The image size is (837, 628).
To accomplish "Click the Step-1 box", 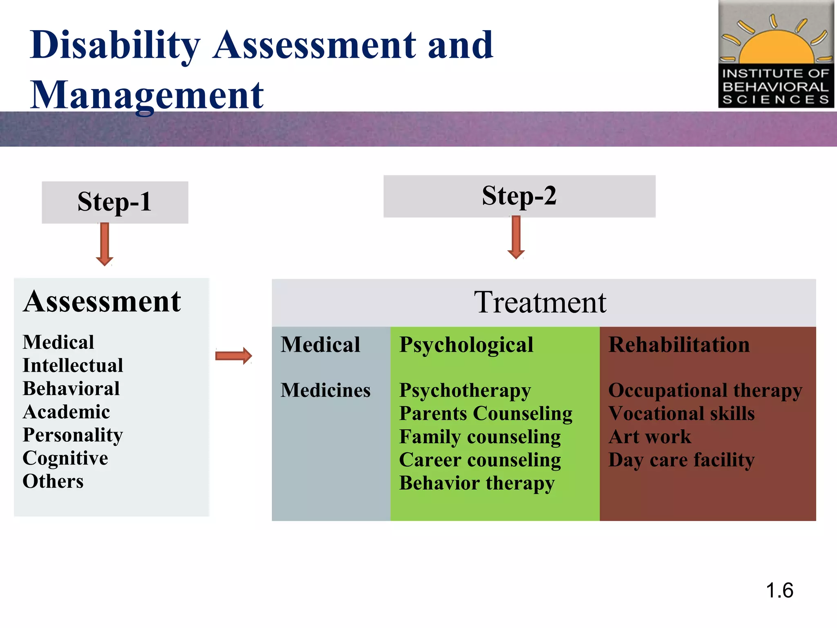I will click(115, 202).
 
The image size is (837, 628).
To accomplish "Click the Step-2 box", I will click(519, 196).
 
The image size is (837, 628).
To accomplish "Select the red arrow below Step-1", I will click(105, 244).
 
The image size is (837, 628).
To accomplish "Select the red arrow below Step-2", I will click(516, 238).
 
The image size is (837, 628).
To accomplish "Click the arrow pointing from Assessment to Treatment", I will click(233, 356).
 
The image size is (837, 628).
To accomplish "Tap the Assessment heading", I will click(102, 302).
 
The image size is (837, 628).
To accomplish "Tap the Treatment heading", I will click(540, 303).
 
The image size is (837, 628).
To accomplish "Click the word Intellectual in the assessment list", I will click(73, 366).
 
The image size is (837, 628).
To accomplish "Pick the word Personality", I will click(73, 435).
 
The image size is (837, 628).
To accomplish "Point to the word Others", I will click(53, 481).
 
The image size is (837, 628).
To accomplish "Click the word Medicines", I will click(325, 390).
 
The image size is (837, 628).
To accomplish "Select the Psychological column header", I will click(466, 345).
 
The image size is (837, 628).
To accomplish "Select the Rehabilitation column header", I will click(679, 345).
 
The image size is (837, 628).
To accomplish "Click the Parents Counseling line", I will click(486, 413).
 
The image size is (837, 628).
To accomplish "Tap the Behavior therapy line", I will click(477, 483).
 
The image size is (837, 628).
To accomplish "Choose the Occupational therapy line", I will click(705, 390).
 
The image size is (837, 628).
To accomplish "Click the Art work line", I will click(649, 437).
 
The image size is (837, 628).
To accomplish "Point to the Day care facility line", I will click(681, 460).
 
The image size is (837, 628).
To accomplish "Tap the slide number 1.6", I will click(779, 590).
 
